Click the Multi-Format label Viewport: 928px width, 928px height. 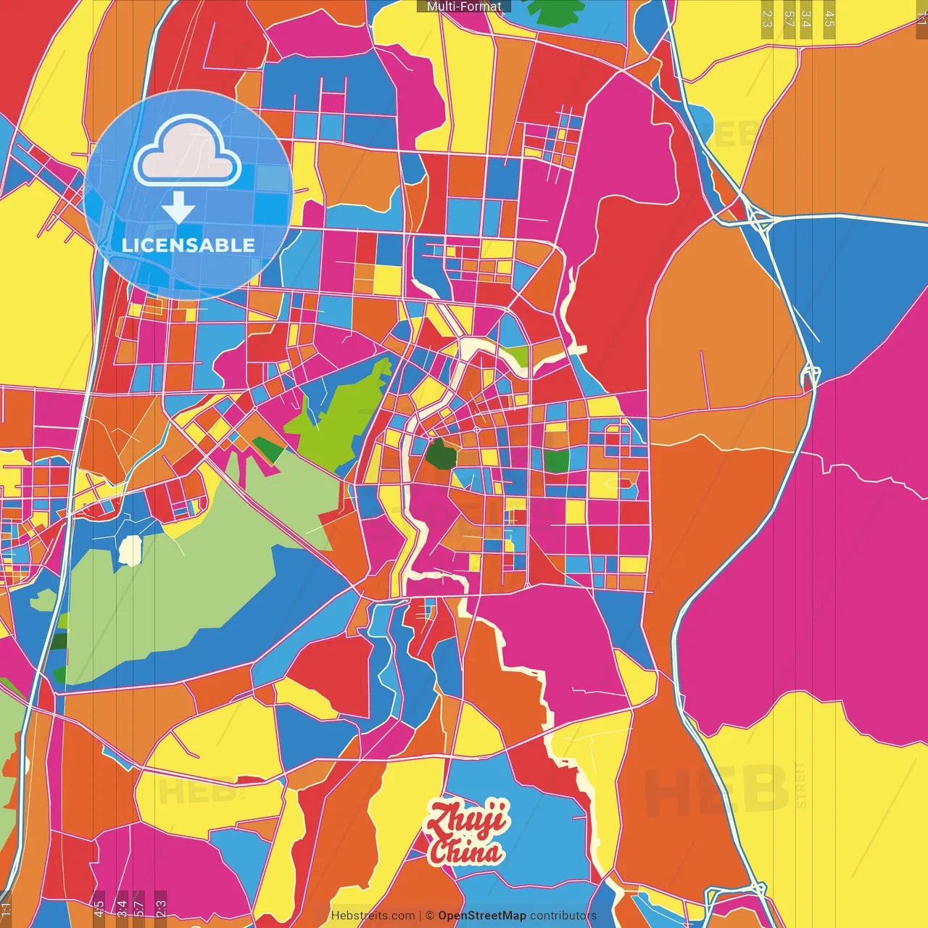click(464, 7)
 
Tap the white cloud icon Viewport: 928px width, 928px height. click(188, 154)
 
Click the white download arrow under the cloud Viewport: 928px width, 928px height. click(178, 208)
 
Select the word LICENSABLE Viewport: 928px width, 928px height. click(188, 245)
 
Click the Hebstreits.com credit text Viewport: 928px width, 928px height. click(373, 916)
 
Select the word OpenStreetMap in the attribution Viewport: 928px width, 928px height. click(482, 916)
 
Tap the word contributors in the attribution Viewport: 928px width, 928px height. click(563, 916)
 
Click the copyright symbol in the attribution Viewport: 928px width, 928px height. click(430, 916)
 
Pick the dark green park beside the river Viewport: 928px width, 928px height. click(440, 455)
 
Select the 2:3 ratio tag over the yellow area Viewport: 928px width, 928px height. click(767, 18)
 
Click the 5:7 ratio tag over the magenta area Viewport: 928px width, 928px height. click(138, 906)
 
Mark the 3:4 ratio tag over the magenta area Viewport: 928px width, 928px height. click(122, 906)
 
